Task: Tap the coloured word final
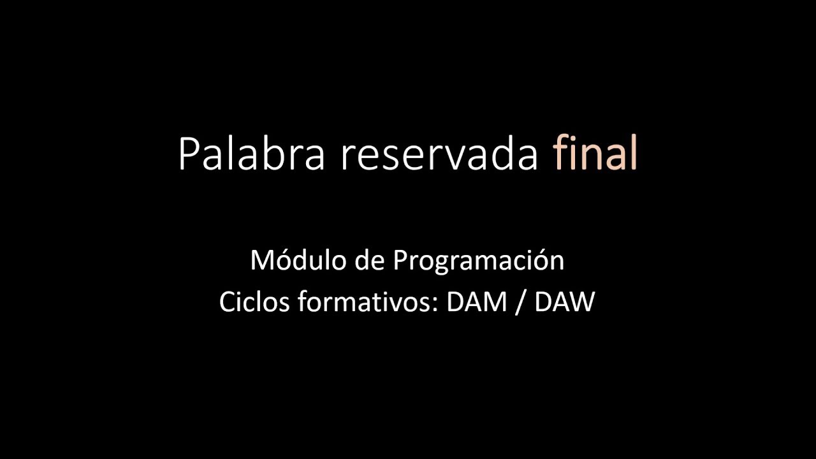595,154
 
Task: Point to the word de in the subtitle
368,261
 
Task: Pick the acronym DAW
564,302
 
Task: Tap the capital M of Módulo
262,261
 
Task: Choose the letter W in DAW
582,302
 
